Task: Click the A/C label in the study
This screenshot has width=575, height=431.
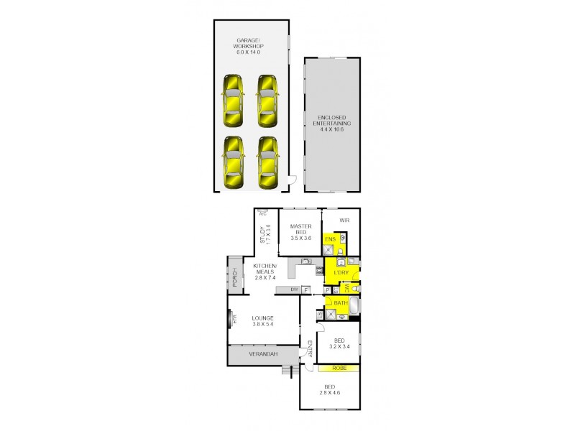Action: click(262, 213)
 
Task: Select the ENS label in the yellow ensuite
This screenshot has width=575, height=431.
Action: click(331, 239)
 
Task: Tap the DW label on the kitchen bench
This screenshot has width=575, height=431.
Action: click(294, 289)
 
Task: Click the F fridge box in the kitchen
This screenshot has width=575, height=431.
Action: click(305, 289)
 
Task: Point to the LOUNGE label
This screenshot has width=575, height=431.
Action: click(263, 320)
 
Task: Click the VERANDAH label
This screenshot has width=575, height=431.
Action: click(263, 354)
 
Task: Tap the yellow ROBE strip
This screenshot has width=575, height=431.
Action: click(339, 369)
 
